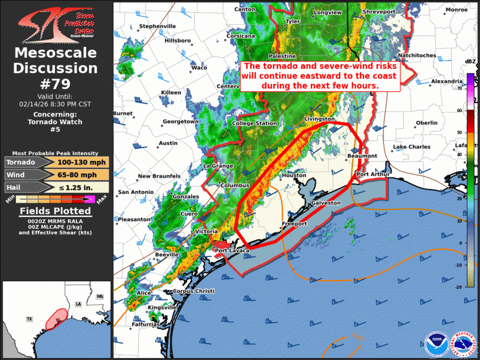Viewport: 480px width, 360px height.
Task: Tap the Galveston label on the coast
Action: coord(326,203)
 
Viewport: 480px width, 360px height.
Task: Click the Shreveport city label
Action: coord(379,12)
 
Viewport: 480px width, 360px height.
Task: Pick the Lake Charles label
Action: coord(412,147)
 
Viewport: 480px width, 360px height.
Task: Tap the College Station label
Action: coord(254,124)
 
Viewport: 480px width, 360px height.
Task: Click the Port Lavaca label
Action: coord(232,251)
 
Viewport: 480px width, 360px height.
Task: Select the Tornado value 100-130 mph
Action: coord(82,162)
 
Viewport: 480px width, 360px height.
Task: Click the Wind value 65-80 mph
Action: coord(82,175)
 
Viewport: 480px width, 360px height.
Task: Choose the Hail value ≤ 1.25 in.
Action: coord(82,187)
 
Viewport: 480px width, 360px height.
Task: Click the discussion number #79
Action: coord(55,83)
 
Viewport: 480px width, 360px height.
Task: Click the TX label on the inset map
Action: coord(29,319)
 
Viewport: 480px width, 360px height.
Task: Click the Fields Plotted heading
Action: coord(55,211)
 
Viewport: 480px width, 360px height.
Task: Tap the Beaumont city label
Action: coord(362,156)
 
